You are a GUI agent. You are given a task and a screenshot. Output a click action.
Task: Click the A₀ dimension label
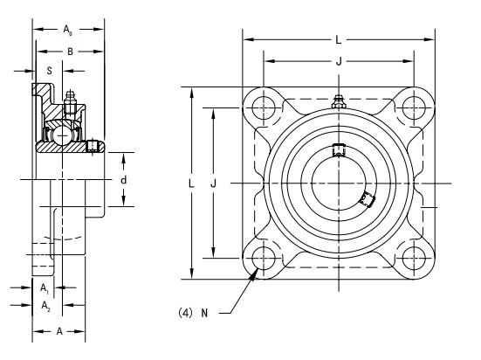click(x=67, y=30)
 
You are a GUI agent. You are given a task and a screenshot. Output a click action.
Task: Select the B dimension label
click(x=70, y=52)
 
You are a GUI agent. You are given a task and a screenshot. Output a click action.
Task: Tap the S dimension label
click(x=50, y=71)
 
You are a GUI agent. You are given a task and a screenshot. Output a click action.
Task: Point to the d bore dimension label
click(x=123, y=180)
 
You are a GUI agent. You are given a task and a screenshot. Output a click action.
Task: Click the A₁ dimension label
click(x=45, y=288)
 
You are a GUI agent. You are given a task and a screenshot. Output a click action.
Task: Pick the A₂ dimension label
click(x=45, y=306)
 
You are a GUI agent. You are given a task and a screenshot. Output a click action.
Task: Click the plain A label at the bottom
click(x=59, y=331)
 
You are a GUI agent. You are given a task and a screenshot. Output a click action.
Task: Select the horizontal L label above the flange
click(x=339, y=40)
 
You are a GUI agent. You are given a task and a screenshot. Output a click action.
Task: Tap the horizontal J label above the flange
click(x=339, y=61)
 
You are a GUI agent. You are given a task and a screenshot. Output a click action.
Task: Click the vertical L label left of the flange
click(x=191, y=183)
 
